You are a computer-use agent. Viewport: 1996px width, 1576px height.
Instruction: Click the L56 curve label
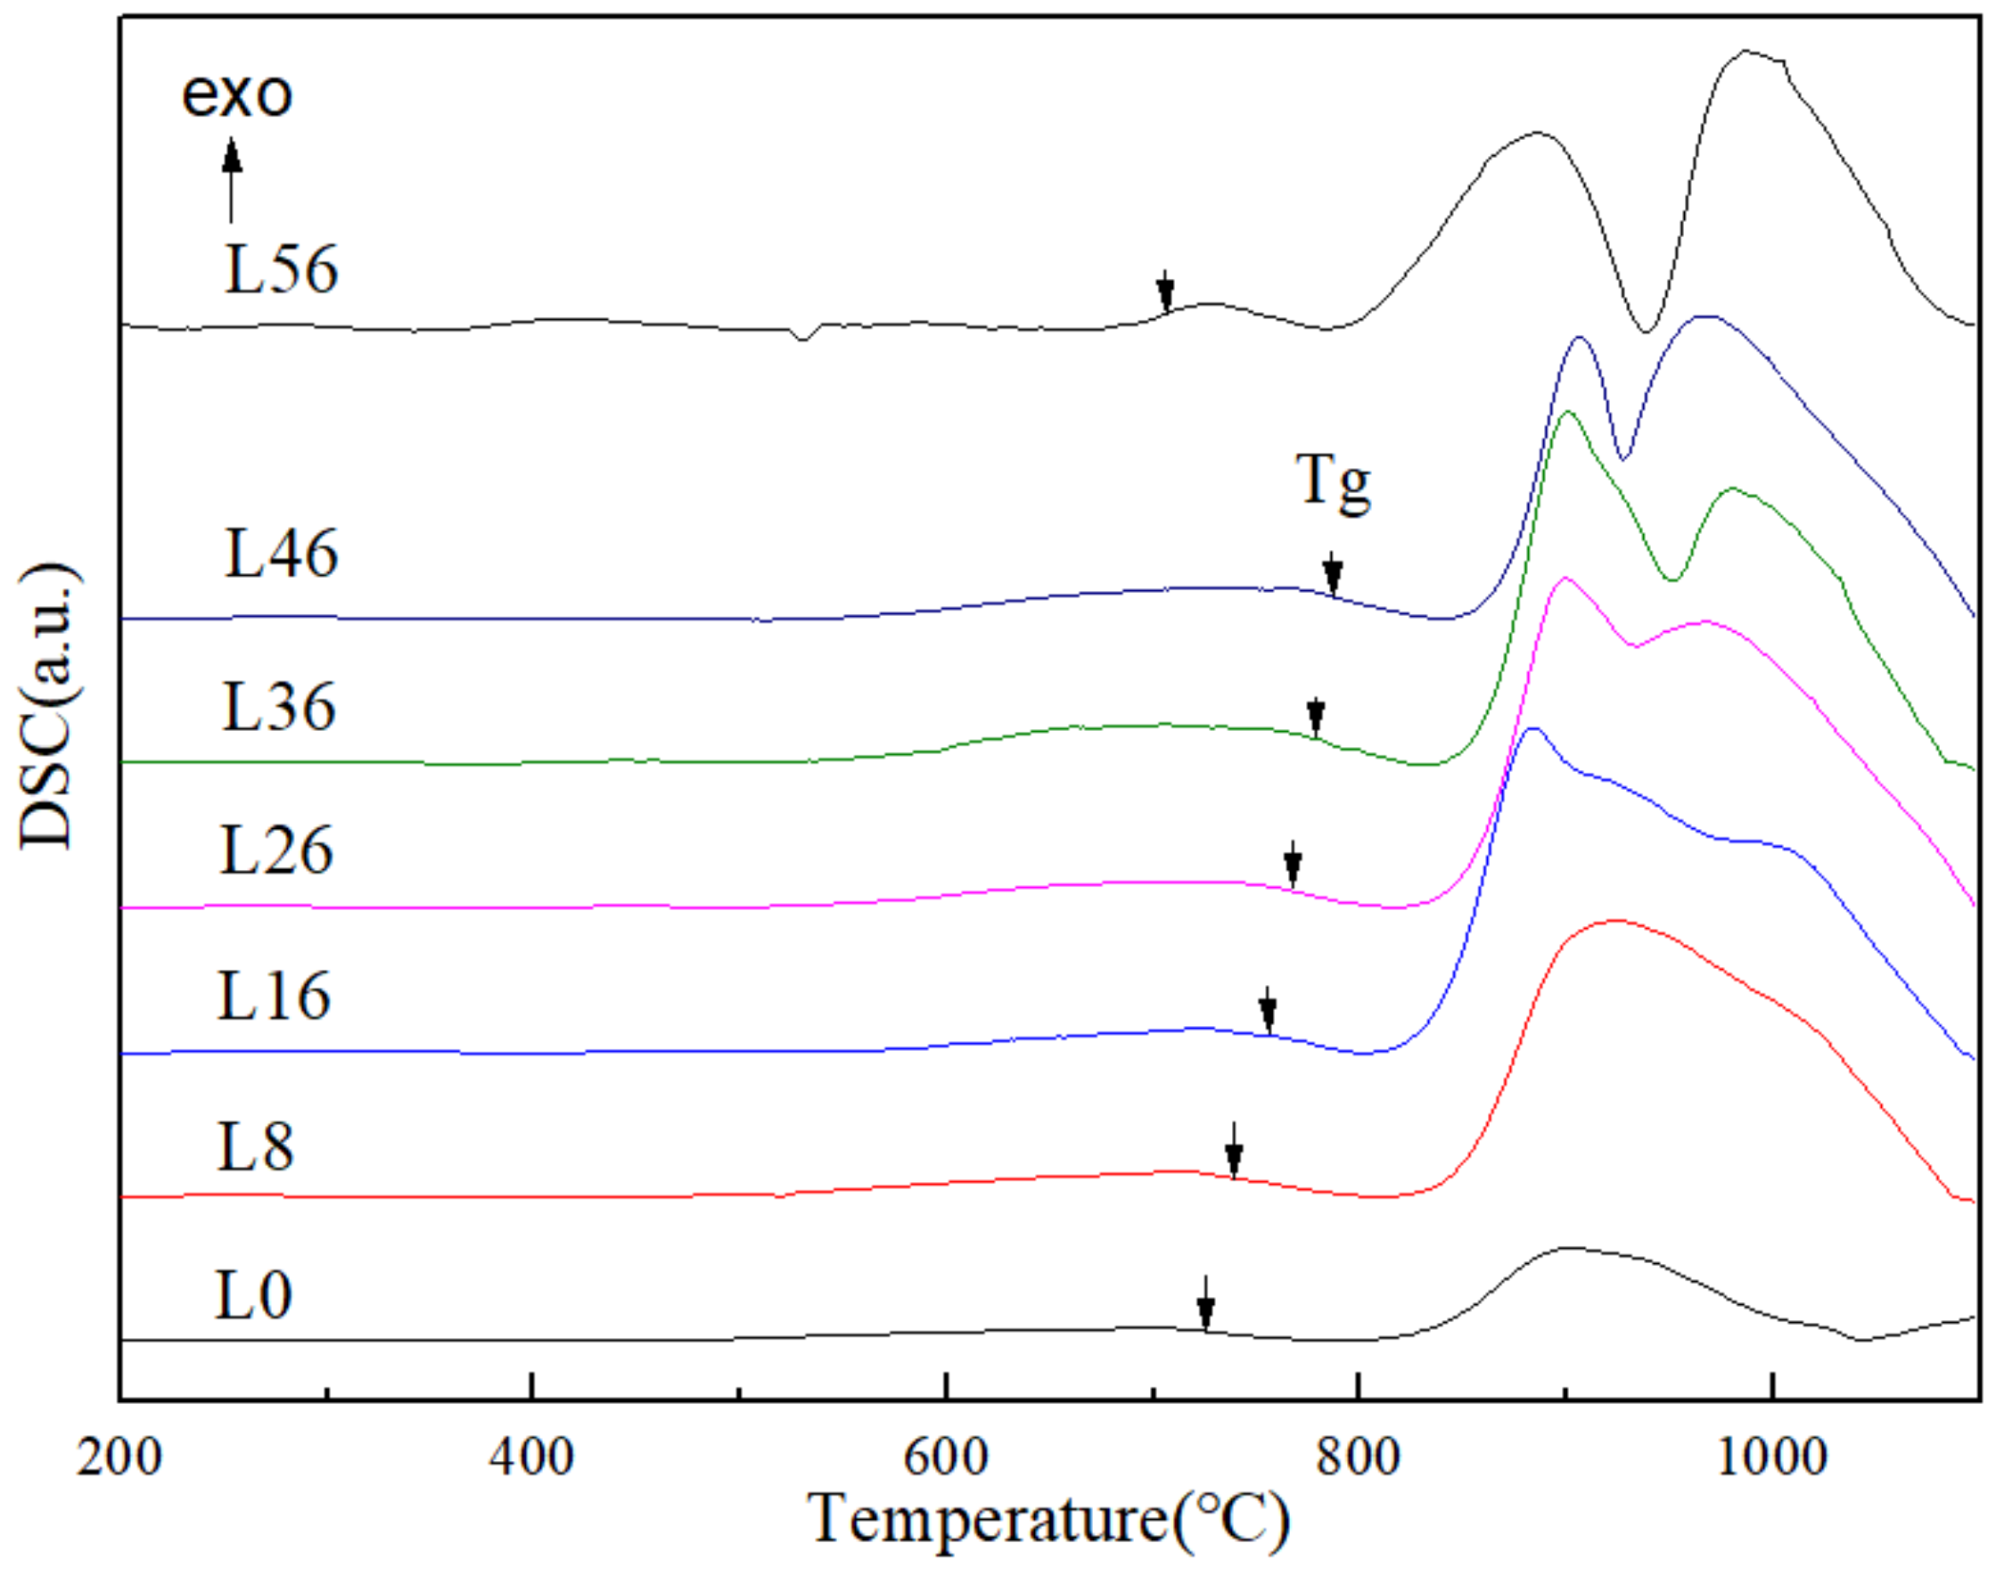282,270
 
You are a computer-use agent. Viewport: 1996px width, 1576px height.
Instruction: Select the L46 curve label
282,554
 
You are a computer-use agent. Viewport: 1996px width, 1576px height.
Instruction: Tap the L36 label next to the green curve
279,708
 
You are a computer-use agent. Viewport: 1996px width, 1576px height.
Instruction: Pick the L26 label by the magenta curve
276,850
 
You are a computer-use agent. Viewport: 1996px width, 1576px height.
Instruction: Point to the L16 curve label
274,997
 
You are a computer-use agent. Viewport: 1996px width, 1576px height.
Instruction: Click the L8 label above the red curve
256,1148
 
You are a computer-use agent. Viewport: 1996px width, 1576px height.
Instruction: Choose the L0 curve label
254,1295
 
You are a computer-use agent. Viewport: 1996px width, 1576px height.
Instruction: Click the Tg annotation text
1334,481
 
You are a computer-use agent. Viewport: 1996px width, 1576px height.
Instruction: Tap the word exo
237,94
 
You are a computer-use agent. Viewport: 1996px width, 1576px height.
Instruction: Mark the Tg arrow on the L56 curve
1165,292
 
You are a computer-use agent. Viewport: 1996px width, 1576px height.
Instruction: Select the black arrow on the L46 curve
1333,575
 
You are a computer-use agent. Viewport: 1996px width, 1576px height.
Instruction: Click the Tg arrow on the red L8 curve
1234,1153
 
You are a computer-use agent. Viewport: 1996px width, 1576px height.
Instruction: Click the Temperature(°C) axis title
1049,1520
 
